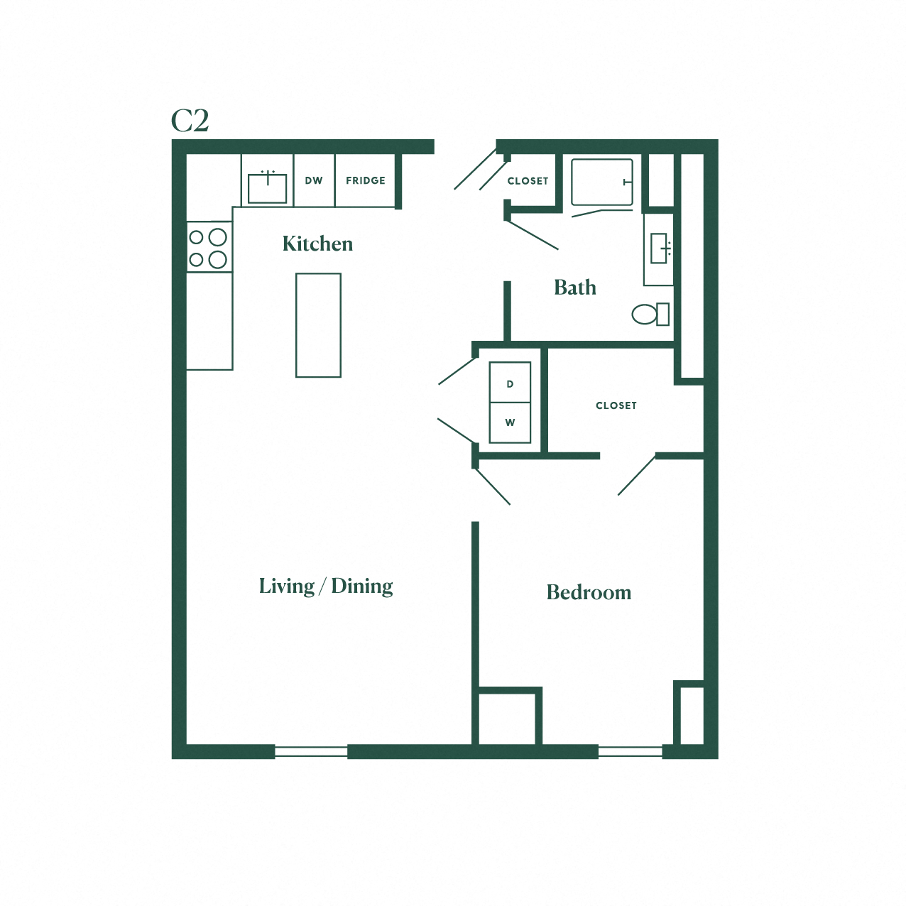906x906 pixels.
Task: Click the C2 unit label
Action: click(190, 121)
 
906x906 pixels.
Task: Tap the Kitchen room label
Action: click(317, 244)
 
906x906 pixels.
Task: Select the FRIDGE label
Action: click(366, 180)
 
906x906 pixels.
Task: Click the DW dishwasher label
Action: click(314, 180)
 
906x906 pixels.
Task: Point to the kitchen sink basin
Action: click(268, 188)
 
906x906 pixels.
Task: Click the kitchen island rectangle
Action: click(318, 325)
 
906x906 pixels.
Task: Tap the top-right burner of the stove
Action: click(218, 237)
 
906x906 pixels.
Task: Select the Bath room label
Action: click(574, 288)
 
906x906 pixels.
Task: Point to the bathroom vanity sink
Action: click(660, 249)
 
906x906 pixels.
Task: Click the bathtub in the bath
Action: click(601, 182)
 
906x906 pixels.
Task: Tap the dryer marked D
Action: click(510, 383)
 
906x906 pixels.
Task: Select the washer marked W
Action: click(510, 422)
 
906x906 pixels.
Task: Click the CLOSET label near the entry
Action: click(528, 181)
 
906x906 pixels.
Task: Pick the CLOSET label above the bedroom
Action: click(616, 405)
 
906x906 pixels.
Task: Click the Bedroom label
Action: click(589, 592)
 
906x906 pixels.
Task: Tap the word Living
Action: click(286, 586)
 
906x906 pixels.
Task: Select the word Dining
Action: click(362, 586)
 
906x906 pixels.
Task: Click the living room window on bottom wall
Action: click(311, 752)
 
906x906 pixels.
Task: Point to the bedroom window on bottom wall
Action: click(630, 752)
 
